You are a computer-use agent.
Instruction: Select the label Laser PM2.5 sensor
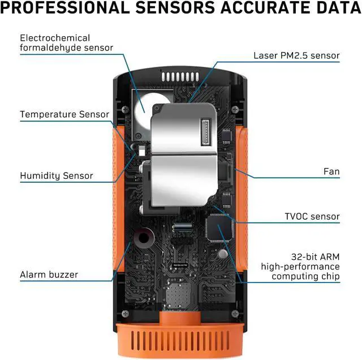click(x=296, y=55)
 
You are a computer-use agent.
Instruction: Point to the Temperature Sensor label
click(x=64, y=114)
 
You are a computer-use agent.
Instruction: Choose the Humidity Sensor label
click(x=57, y=176)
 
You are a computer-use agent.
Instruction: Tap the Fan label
click(x=331, y=170)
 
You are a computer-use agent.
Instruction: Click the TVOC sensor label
click(x=312, y=216)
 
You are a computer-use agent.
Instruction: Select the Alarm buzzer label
click(x=49, y=275)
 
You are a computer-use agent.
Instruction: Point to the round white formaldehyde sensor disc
click(x=150, y=106)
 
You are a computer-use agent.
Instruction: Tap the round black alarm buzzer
click(x=145, y=238)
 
